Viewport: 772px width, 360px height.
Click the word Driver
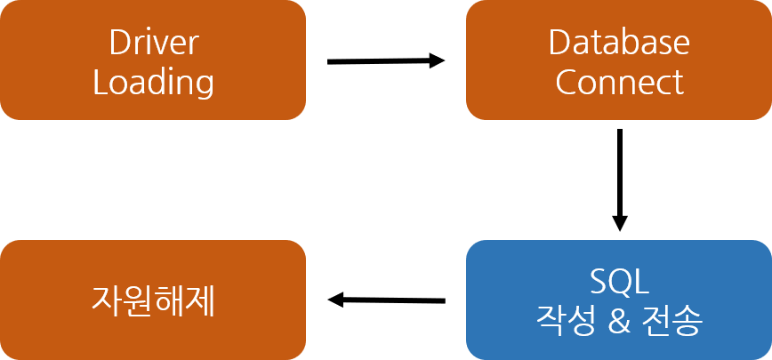(x=153, y=43)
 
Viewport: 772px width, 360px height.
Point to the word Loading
(x=153, y=83)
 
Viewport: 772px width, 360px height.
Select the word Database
(x=619, y=43)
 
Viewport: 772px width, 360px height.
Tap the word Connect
(x=619, y=83)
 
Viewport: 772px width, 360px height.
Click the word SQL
(x=619, y=283)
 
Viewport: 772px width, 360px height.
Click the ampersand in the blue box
(x=620, y=319)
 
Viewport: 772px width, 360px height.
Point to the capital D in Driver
(x=118, y=43)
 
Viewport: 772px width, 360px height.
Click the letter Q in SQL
(x=618, y=284)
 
